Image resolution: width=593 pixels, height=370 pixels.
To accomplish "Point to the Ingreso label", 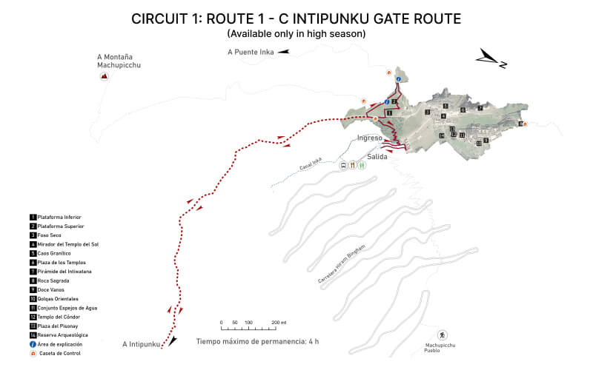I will (x=369, y=138).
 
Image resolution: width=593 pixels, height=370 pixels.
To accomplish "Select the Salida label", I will (x=378, y=157).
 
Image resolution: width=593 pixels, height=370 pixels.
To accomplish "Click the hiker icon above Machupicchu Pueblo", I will (x=443, y=335).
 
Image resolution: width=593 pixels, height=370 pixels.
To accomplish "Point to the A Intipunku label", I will (x=141, y=344).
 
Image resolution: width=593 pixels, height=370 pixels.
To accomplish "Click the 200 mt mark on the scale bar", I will (x=278, y=323).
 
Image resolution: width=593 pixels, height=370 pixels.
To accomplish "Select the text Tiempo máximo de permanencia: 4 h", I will (x=257, y=342).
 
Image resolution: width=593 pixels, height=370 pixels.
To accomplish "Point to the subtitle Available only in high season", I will (x=296, y=34).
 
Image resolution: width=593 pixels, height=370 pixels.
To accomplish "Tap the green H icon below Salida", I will (x=362, y=166).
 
